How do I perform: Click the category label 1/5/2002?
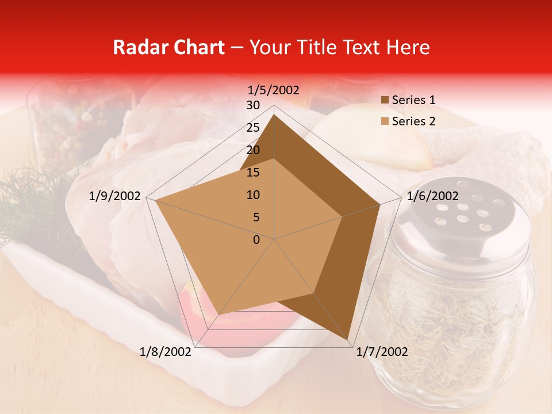[274, 90]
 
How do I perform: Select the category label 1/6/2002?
[432, 196]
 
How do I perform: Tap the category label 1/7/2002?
[382, 352]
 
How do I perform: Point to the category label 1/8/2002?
[166, 352]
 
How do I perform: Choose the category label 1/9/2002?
[115, 196]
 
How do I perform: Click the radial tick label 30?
[253, 105]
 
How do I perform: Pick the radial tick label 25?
[253, 128]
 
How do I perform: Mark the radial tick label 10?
[253, 195]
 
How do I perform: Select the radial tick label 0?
[256, 240]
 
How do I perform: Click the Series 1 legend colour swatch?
[384, 101]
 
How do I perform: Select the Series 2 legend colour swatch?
[384, 121]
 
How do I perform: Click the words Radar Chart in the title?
[168, 47]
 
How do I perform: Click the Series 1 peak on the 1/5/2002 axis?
[274, 115]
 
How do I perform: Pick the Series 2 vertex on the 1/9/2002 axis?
[155, 201]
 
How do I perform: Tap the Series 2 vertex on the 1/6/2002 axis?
[343, 217]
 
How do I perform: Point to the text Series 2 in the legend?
[413, 121]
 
